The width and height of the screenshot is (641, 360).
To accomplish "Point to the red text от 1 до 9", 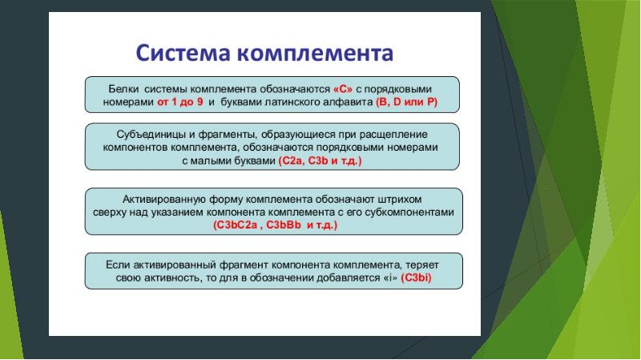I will pos(180,103).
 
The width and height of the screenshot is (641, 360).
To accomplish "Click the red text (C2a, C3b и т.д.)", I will pos(320,162).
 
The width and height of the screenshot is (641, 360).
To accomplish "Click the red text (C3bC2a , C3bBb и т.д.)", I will pos(275,226).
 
